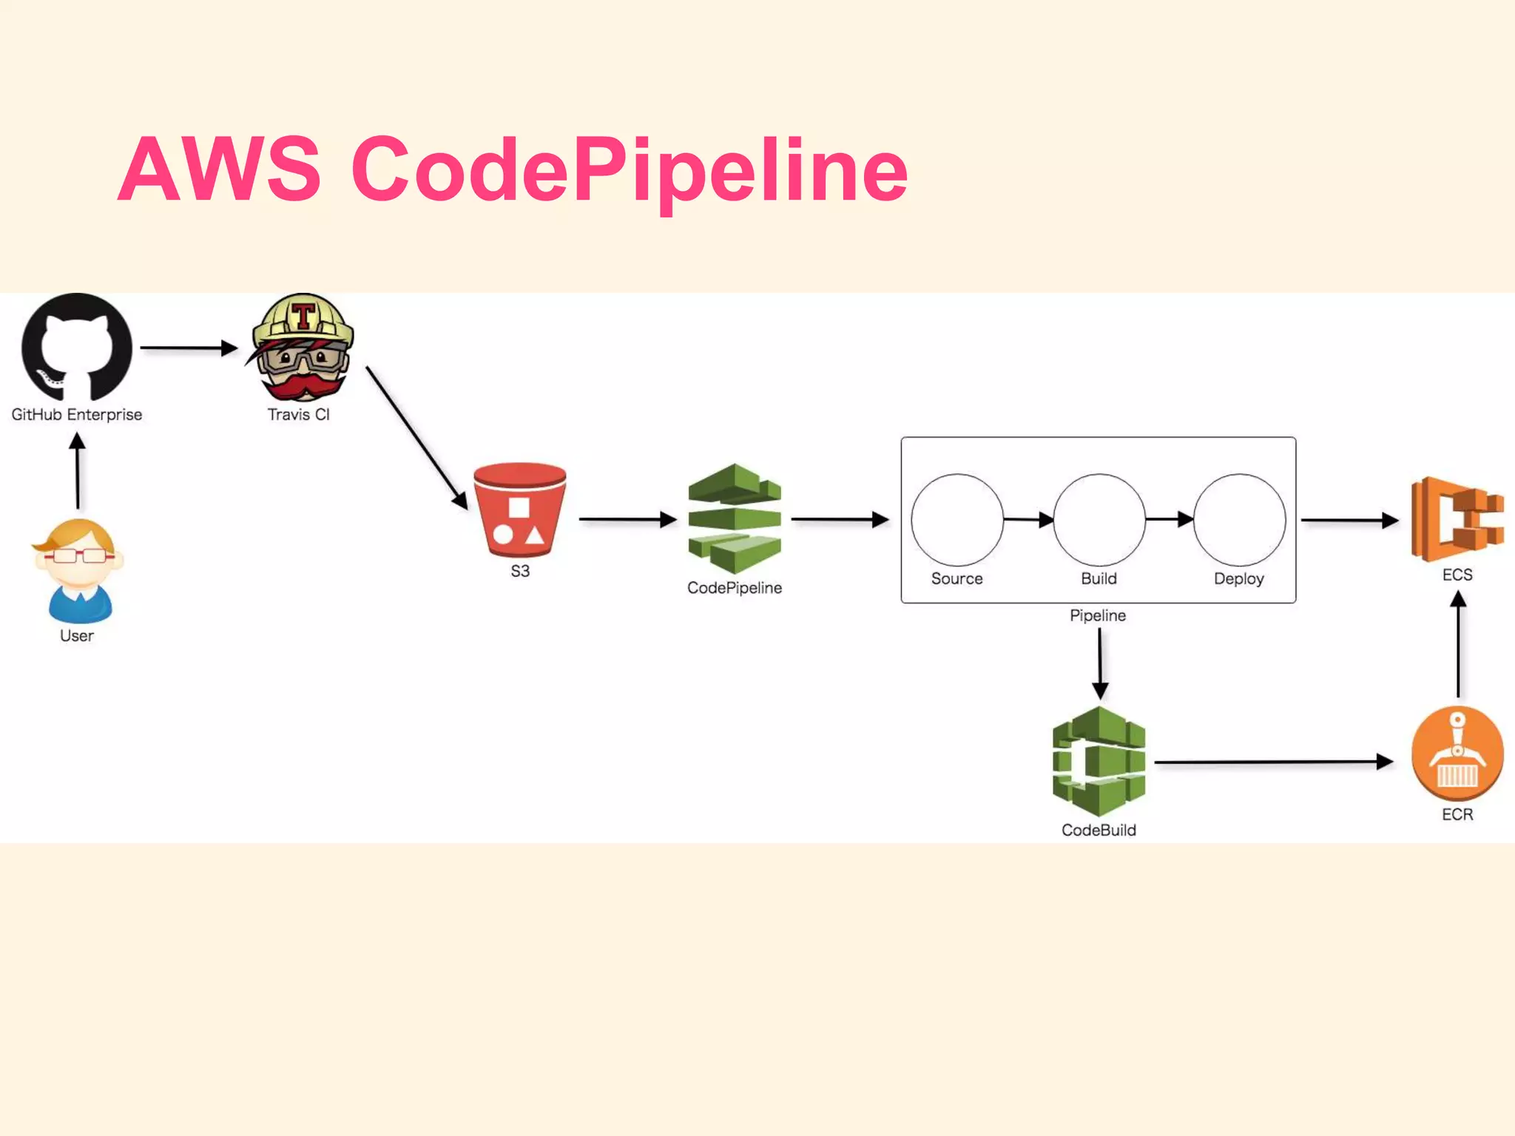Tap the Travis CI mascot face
(x=302, y=348)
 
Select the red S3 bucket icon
(x=520, y=510)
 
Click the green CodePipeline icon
(x=735, y=518)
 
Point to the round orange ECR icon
(x=1457, y=754)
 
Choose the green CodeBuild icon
(x=1099, y=762)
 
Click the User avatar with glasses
(x=78, y=570)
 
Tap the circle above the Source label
(x=957, y=520)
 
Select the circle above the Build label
(x=1099, y=520)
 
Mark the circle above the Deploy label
(x=1240, y=520)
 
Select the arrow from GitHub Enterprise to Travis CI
(x=189, y=348)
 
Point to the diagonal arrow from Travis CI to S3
(x=416, y=437)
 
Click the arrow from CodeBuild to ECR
(x=1272, y=762)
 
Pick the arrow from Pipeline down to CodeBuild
(x=1100, y=663)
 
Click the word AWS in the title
(x=220, y=169)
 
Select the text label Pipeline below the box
(x=1098, y=615)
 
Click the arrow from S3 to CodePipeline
(x=627, y=519)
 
